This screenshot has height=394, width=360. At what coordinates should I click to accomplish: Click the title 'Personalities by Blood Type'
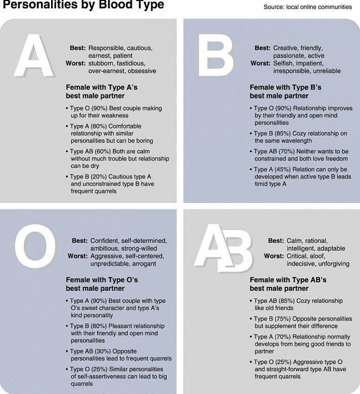pos(83,6)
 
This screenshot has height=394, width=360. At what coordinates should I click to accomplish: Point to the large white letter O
pos(35,247)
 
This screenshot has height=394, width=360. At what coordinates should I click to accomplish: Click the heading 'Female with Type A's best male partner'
pos(101,92)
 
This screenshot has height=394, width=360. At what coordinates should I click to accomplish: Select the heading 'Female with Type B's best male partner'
pos(285,92)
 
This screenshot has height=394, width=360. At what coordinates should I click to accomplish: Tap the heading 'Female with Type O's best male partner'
pos(101,284)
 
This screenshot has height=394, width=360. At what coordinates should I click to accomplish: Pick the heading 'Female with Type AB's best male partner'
pos(288,284)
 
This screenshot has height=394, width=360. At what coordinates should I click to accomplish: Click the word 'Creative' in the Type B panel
pos(286,48)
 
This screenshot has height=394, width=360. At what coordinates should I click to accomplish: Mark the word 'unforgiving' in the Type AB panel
pos(332,264)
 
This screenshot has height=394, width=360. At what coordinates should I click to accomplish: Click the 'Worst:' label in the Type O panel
pos(77,256)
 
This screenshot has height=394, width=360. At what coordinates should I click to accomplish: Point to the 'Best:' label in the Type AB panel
pos(276,241)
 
